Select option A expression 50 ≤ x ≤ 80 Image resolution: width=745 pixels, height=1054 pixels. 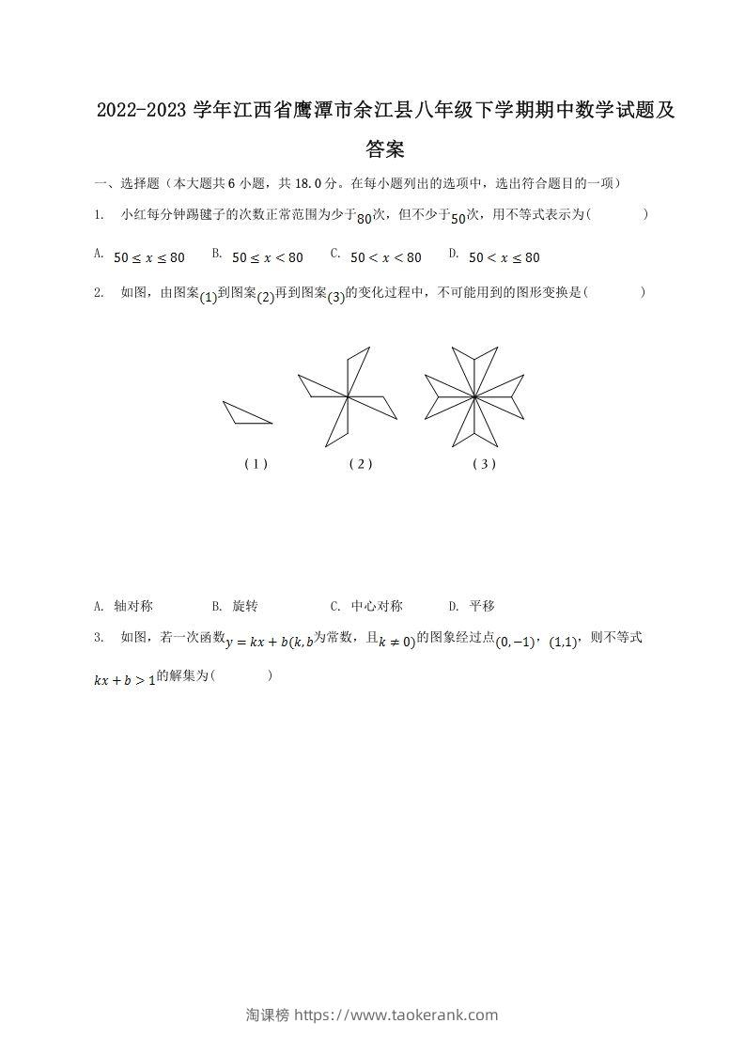[x=149, y=257]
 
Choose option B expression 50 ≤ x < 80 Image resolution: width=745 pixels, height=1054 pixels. [x=268, y=257]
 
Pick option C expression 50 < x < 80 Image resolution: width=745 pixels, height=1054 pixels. [x=386, y=257]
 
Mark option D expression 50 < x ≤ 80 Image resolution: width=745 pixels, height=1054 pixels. [x=504, y=257]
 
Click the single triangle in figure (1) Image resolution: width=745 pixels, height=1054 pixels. [x=246, y=413]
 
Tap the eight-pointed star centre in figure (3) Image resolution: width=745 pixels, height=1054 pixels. [x=474, y=397]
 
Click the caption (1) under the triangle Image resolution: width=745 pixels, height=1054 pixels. [x=256, y=463]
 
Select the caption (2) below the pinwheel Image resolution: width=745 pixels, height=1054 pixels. [x=361, y=463]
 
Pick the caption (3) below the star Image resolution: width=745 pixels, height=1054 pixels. [x=485, y=463]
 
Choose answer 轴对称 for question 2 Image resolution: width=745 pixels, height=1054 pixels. [x=133, y=606]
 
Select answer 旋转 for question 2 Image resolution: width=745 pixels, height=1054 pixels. [x=245, y=606]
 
